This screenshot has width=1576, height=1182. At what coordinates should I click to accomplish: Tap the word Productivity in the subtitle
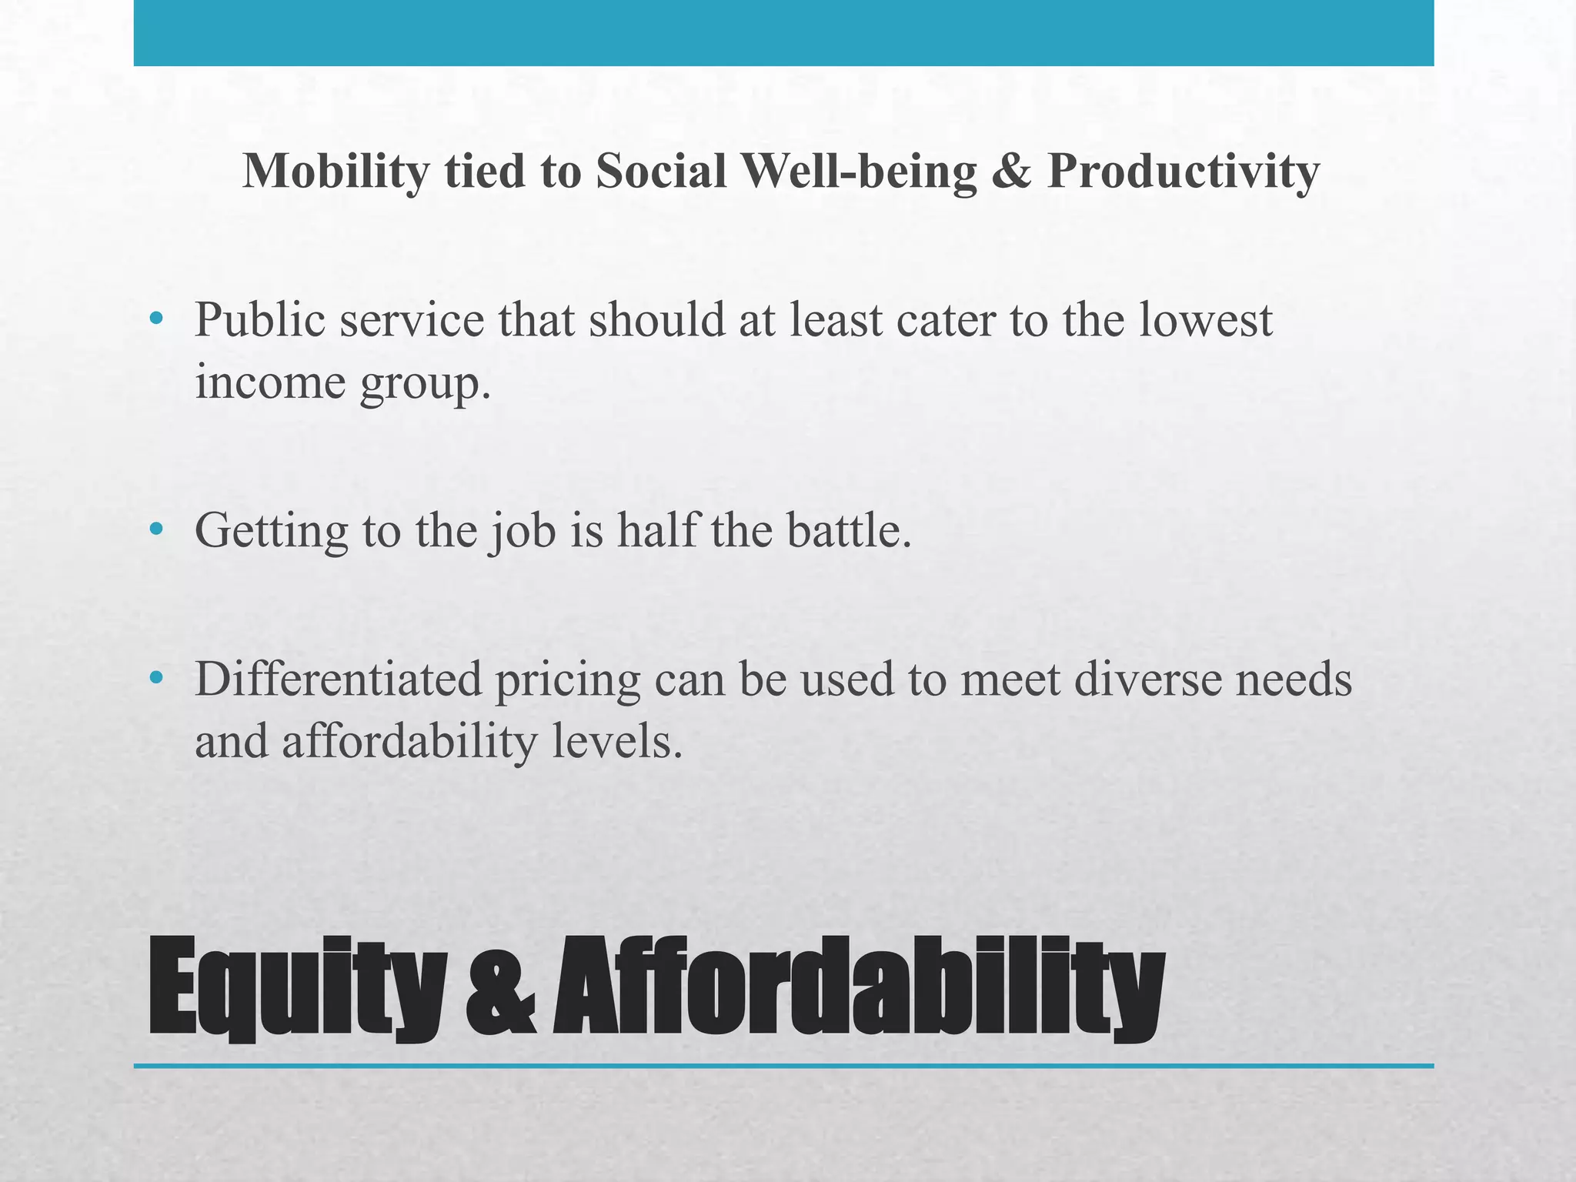(1183, 171)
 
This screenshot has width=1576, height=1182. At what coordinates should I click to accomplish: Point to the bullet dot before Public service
(157, 318)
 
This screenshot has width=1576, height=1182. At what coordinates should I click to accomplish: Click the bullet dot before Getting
(157, 529)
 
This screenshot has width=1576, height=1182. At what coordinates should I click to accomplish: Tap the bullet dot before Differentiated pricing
(157, 678)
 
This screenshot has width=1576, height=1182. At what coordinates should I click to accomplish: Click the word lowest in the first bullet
(1205, 319)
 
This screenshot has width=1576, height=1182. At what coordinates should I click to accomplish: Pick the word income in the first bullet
(270, 382)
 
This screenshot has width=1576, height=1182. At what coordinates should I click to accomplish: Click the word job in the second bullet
(523, 530)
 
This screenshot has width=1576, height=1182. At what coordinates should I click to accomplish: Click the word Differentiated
(339, 679)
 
